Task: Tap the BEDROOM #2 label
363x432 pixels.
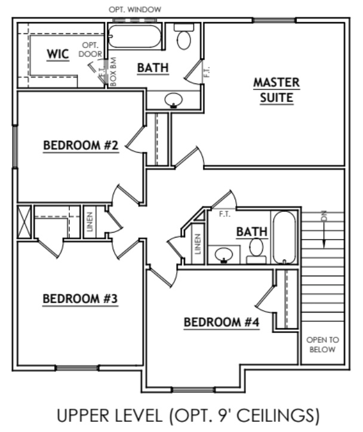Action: click(x=82, y=146)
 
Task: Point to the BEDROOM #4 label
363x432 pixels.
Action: click(x=221, y=323)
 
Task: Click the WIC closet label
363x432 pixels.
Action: click(x=58, y=54)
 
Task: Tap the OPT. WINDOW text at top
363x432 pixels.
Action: click(x=135, y=10)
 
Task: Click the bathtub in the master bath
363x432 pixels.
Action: click(x=136, y=37)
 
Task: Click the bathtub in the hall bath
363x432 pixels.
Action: click(x=284, y=237)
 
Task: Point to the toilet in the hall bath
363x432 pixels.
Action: click(x=257, y=249)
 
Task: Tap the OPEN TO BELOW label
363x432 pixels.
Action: click(x=322, y=345)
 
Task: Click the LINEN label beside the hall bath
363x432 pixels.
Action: click(x=198, y=244)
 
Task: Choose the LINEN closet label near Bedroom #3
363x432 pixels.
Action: click(x=88, y=222)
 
